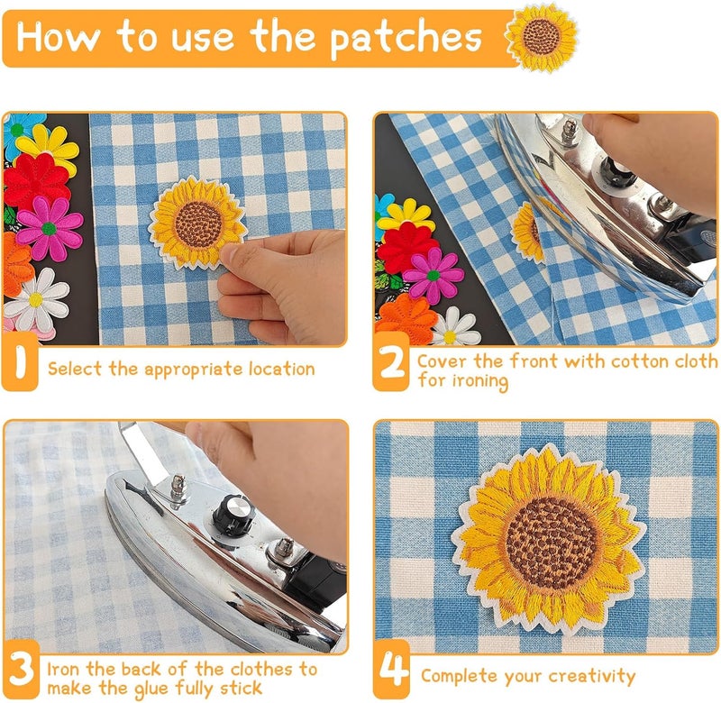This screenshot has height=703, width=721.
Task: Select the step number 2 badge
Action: (391, 368)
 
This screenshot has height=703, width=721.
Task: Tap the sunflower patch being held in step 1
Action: (196, 221)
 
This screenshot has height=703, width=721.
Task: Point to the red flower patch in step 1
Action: (36, 180)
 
